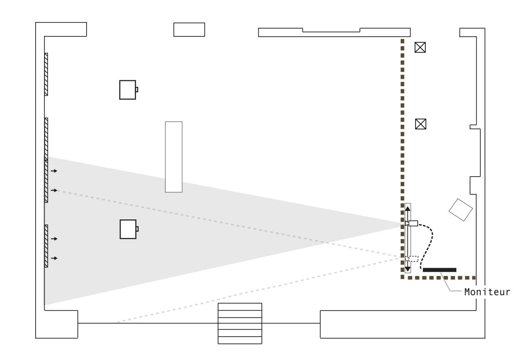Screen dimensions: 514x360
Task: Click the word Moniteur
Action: coord(487,292)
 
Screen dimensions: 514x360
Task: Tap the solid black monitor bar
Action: coord(439,270)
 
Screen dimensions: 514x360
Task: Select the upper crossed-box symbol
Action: coord(420,47)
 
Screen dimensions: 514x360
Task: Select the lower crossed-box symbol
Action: coord(420,124)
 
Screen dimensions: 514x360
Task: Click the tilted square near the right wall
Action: coord(461,209)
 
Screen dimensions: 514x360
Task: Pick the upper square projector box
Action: coord(127,90)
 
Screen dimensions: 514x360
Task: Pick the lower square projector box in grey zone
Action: coord(128,229)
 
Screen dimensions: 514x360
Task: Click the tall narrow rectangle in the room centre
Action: coord(174,157)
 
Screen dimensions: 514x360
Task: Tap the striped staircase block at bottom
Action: coord(240,323)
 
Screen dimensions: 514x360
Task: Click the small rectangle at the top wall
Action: coord(189,29)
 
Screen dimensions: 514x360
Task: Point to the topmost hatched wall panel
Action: coord(46,74)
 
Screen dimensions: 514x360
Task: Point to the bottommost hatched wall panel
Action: coord(46,246)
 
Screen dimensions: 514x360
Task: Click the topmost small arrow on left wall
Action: coord(54,171)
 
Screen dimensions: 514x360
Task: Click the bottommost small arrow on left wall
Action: coord(54,258)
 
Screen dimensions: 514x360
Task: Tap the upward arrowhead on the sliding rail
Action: coord(407,208)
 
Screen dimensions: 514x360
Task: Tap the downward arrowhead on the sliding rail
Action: coord(407,269)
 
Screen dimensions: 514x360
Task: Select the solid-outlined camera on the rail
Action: coord(413,224)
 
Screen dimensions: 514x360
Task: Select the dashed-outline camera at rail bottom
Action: coord(413,259)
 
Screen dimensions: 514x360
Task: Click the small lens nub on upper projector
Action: coord(137,90)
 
